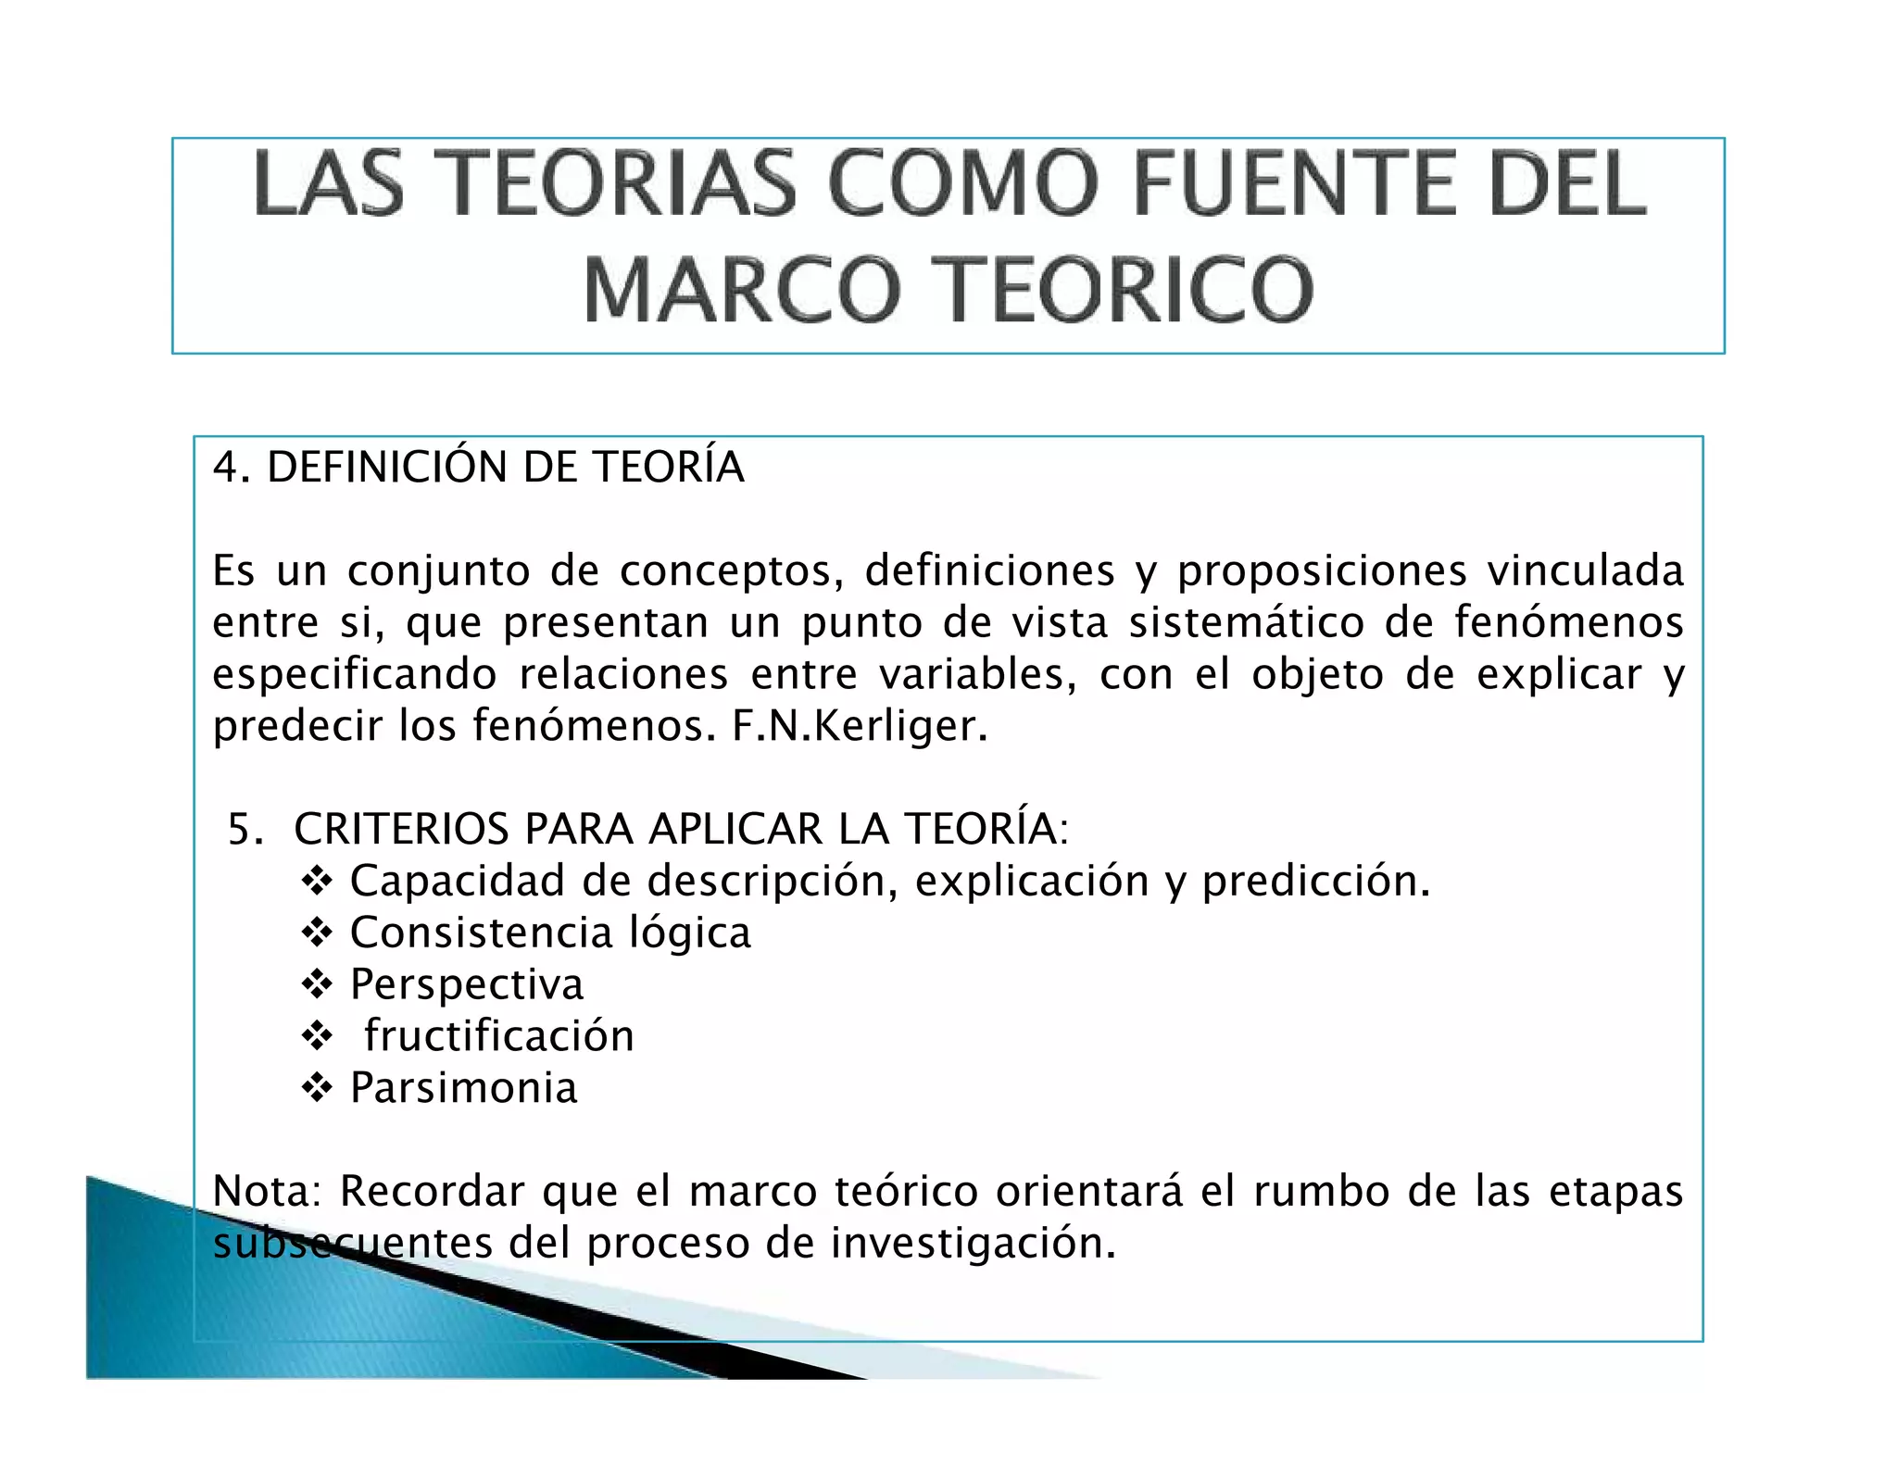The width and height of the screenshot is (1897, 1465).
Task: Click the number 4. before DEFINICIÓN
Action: (x=231, y=467)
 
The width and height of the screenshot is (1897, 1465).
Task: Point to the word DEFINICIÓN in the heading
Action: (x=386, y=467)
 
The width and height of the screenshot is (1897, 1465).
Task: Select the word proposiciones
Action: (x=1322, y=571)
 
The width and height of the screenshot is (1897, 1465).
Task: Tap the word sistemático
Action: (x=1246, y=622)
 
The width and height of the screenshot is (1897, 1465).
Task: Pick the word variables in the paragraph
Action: (x=978, y=674)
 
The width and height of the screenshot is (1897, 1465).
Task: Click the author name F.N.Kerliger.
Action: (x=860, y=726)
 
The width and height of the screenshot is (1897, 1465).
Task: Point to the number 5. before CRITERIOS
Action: (x=245, y=829)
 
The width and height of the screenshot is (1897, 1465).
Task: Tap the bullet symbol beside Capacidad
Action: (x=317, y=881)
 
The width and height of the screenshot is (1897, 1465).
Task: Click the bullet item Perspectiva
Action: (x=467, y=984)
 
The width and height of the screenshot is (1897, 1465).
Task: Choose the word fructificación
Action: (x=499, y=1036)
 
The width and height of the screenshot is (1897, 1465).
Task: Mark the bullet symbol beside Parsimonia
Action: (x=317, y=1088)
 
